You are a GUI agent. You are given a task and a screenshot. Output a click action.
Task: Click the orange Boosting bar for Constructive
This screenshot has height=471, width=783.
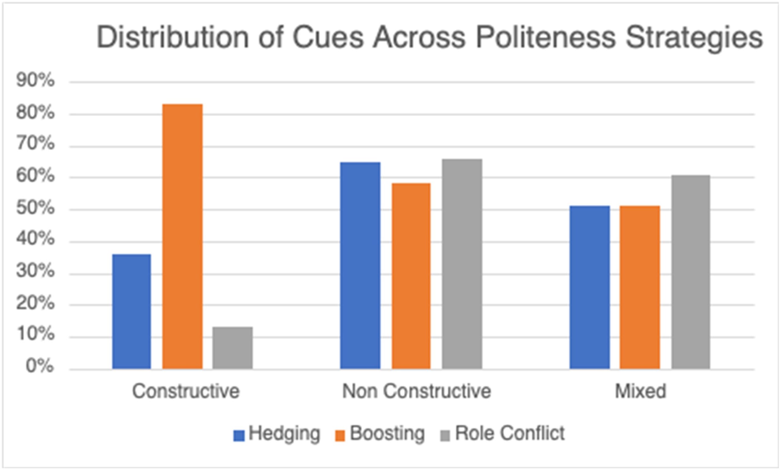point(182,237)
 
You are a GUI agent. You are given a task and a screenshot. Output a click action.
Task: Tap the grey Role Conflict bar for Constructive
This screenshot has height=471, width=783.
point(232,348)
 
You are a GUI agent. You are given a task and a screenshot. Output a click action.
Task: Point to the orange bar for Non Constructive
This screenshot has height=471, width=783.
point(411,276)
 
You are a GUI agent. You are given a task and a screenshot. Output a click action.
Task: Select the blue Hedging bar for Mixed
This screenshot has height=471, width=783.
point(590,288)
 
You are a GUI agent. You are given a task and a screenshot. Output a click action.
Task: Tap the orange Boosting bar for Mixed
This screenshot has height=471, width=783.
point(640,288)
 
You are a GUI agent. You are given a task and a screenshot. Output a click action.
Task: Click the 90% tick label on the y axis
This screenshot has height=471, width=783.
point(35,80)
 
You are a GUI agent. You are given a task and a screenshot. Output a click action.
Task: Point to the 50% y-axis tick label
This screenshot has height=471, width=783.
point(35,208)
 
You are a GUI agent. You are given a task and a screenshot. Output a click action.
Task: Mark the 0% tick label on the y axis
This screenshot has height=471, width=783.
point(40,366)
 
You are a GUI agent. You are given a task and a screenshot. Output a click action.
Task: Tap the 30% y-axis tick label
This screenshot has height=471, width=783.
point(35,272)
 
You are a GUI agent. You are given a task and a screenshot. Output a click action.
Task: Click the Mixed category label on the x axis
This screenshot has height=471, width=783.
point(640,391)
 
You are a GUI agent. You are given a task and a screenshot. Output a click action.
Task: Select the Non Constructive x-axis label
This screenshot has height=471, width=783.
point(416,391)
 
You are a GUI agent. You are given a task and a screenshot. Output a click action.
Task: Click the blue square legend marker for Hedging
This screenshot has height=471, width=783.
point(239,436)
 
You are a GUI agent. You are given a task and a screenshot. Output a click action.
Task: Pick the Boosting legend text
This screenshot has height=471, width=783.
point(387,433)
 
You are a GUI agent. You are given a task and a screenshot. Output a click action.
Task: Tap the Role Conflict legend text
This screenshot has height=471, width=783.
point(510,433)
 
